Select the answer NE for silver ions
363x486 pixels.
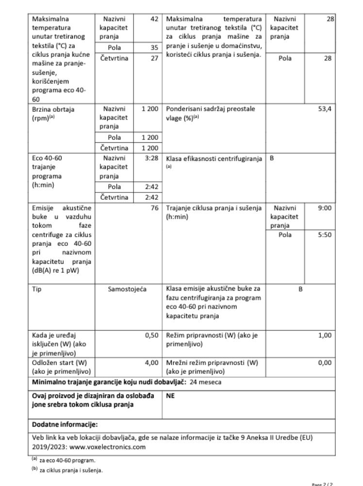(170, 396)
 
